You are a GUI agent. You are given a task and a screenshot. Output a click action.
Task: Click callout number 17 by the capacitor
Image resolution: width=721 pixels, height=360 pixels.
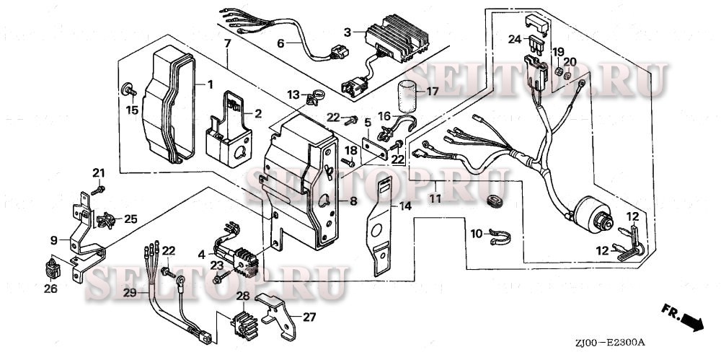click(433, 92)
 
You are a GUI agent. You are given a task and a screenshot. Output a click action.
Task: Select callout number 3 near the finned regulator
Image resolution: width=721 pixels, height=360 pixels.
click(348, 32)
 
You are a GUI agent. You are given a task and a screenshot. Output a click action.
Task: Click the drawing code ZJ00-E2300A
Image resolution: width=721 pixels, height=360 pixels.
click(609, 342)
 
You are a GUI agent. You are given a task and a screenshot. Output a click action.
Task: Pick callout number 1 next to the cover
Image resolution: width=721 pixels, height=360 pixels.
click(210, 84)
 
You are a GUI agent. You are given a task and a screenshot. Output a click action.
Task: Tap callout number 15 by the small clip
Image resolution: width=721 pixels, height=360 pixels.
click(132, 110)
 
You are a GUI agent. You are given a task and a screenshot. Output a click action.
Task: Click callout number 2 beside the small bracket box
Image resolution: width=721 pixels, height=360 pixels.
click(257, 113)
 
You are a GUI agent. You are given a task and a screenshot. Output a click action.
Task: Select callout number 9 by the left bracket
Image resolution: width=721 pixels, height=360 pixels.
click(53, 239)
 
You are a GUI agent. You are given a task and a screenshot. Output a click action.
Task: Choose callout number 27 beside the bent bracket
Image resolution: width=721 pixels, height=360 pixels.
click(309, 316)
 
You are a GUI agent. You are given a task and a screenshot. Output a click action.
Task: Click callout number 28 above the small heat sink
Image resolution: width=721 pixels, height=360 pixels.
click(242, 297)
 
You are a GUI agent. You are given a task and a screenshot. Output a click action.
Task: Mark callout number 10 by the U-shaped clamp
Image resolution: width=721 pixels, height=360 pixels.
click(476, 233)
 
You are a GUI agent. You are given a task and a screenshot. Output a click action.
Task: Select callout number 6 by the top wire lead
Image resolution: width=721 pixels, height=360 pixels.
click(281, 43)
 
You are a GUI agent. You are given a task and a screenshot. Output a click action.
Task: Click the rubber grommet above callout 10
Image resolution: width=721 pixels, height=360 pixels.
click(495, 201)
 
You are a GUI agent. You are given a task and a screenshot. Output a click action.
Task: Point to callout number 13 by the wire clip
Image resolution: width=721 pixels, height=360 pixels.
click(293, 95)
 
